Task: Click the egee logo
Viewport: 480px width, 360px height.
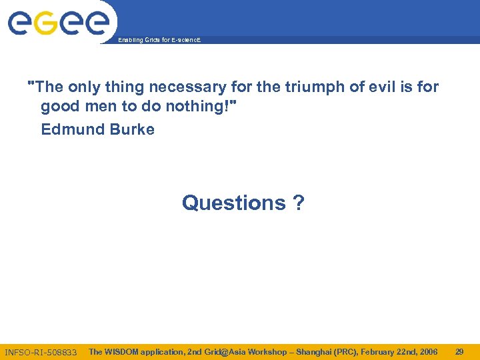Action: pos(58,23)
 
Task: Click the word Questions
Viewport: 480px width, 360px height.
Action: pos(233,203)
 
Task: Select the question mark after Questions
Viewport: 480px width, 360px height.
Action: pos(298,203)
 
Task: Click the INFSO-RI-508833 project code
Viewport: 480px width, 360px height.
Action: pos(41,352)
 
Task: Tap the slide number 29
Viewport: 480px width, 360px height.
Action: pos(459,351)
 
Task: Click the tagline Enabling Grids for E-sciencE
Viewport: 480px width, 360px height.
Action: pos(159,41)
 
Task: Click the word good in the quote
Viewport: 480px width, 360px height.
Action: pos(58,107)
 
